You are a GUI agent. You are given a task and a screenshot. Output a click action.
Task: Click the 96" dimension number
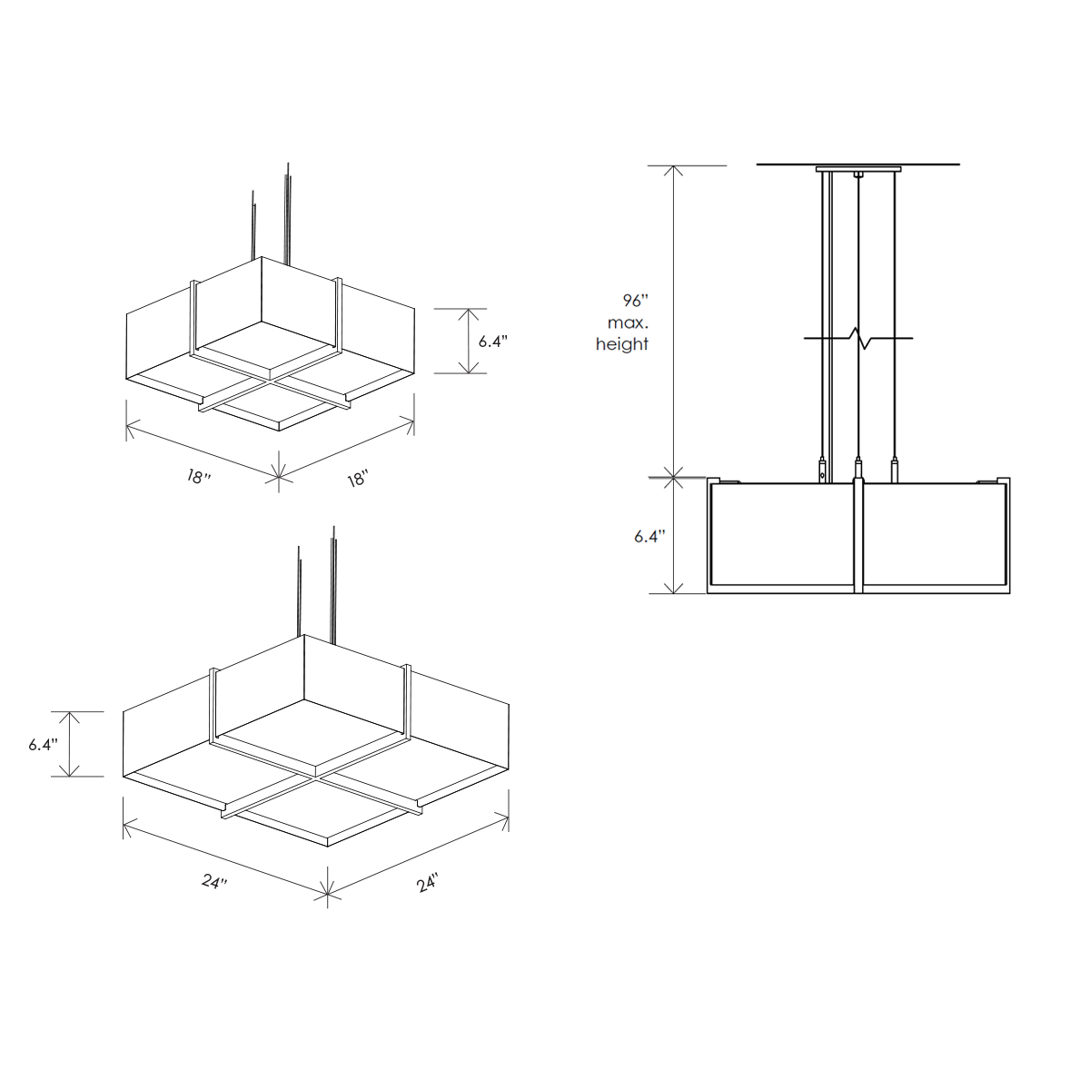(635, 301)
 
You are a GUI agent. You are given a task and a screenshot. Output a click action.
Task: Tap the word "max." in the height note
(628, 323)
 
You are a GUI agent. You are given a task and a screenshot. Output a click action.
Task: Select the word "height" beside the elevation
(621, 344)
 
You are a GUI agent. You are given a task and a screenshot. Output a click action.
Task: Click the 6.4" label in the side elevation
(649, 536)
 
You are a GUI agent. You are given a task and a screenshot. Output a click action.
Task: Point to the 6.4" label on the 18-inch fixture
(493, 342)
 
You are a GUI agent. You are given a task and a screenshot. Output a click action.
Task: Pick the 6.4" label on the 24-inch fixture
(44, 745)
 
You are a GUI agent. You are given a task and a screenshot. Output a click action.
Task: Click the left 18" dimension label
(199, 477)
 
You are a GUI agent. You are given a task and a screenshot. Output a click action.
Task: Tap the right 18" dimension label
(358, 478)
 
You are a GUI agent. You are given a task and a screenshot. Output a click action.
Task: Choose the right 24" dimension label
(428, 883)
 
